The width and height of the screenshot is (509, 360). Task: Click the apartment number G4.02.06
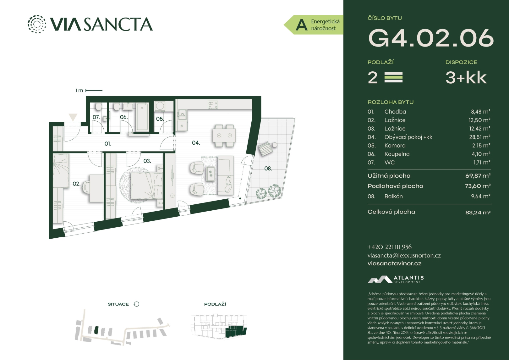point(431,38)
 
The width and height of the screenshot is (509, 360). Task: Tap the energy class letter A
point(302,25)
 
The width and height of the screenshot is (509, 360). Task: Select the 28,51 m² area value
point(480,137)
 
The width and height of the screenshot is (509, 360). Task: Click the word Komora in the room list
point(395,146)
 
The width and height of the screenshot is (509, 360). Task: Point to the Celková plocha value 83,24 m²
point(478,213)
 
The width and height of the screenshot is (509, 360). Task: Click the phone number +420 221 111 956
point(390,247)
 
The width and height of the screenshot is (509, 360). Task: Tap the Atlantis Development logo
point(396,279)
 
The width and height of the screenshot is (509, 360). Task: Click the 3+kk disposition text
point(466,78)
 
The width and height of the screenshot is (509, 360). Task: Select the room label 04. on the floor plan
point(196,143)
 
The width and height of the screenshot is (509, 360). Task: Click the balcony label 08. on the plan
point(268,169)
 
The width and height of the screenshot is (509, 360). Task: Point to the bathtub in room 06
point(143,117)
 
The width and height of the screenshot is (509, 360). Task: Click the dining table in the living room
point(224,135)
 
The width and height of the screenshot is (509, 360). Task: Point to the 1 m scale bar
point(94,90)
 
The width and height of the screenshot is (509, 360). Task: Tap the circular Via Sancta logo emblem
point(37,24)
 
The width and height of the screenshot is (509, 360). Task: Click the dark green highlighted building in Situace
point(96,330)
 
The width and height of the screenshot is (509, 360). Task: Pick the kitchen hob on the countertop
point(213,105)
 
